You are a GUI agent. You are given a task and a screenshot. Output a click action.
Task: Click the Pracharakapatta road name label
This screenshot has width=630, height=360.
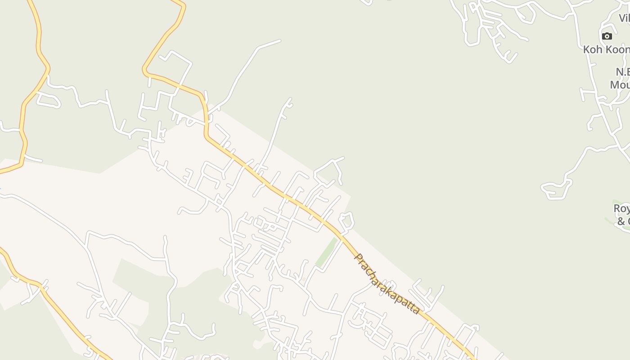[387, 284]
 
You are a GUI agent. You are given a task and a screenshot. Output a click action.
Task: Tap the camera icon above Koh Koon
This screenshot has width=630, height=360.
[607, 36]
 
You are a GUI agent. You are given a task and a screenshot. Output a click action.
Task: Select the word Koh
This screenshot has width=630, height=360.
[593, 49]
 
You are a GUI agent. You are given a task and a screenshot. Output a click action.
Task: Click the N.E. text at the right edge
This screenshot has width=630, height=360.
[622, 72]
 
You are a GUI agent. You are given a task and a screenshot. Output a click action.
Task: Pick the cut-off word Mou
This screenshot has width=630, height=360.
[620, 85]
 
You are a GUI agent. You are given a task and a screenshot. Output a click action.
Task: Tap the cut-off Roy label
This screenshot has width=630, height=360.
[621, 209]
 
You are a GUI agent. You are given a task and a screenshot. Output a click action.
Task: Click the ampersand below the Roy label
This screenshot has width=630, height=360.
[621, 221]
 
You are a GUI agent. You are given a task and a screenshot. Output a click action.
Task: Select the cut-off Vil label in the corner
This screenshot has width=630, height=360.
[624, 18]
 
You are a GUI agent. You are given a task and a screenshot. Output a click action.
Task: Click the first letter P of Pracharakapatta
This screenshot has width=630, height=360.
[359, 258]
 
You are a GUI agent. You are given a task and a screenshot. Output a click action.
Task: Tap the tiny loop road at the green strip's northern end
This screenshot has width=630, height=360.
[346, 221]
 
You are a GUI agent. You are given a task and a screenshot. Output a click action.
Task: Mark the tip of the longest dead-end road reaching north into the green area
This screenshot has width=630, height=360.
[279, 41]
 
